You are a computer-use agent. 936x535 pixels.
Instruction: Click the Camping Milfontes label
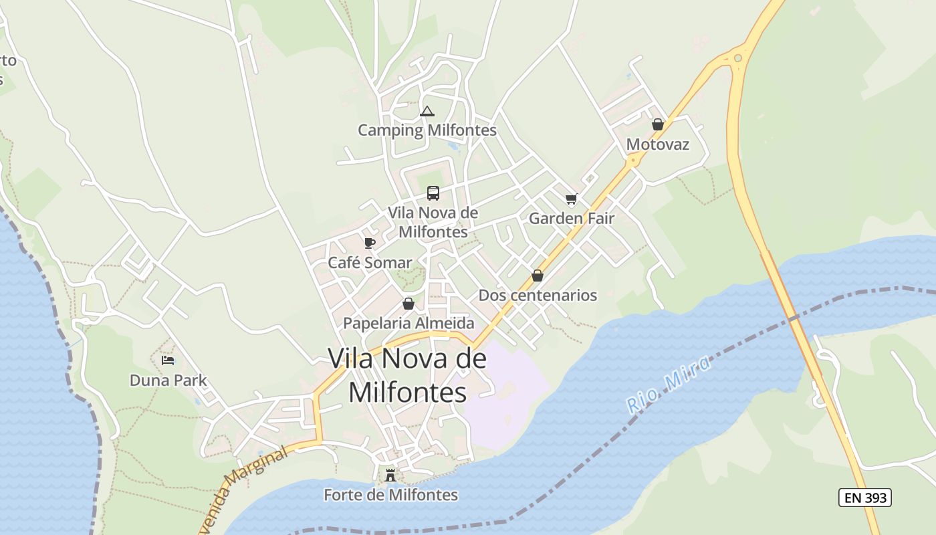[x=427, y=130]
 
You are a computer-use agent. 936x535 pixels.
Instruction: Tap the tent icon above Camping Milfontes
[x=427, y=112]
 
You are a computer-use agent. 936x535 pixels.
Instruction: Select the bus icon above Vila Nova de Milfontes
[x=433, y=193]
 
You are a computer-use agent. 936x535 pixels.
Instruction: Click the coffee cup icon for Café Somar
[x=370, y=243]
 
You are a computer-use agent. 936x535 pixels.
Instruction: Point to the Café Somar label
[x=370, y=263]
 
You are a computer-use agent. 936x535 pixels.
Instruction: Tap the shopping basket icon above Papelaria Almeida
[x=408, y=304]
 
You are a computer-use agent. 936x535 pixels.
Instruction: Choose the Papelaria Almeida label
[x=408, y=323]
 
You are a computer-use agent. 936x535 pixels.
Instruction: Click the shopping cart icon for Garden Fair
[x=571, y=199]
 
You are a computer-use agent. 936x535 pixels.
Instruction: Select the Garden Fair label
[x=571, y=218]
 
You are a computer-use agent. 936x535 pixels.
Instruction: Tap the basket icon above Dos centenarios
[x=538, y=276]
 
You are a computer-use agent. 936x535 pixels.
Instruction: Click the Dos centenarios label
[x=538, y=295]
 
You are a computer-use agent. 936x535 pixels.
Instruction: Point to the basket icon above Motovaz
[x=658, y=124]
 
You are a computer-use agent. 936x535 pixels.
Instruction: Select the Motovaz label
[x=658, y=144]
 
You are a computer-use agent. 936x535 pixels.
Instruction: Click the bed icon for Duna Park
[x=168, y=360]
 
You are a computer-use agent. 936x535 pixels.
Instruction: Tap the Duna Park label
[x=168, y=381]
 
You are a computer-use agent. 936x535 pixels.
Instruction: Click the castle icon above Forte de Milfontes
[x=390, y=475]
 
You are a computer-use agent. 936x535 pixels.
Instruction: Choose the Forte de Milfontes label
[x=390, y=495]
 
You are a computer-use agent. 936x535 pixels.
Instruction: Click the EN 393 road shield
[x=865, y=498]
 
